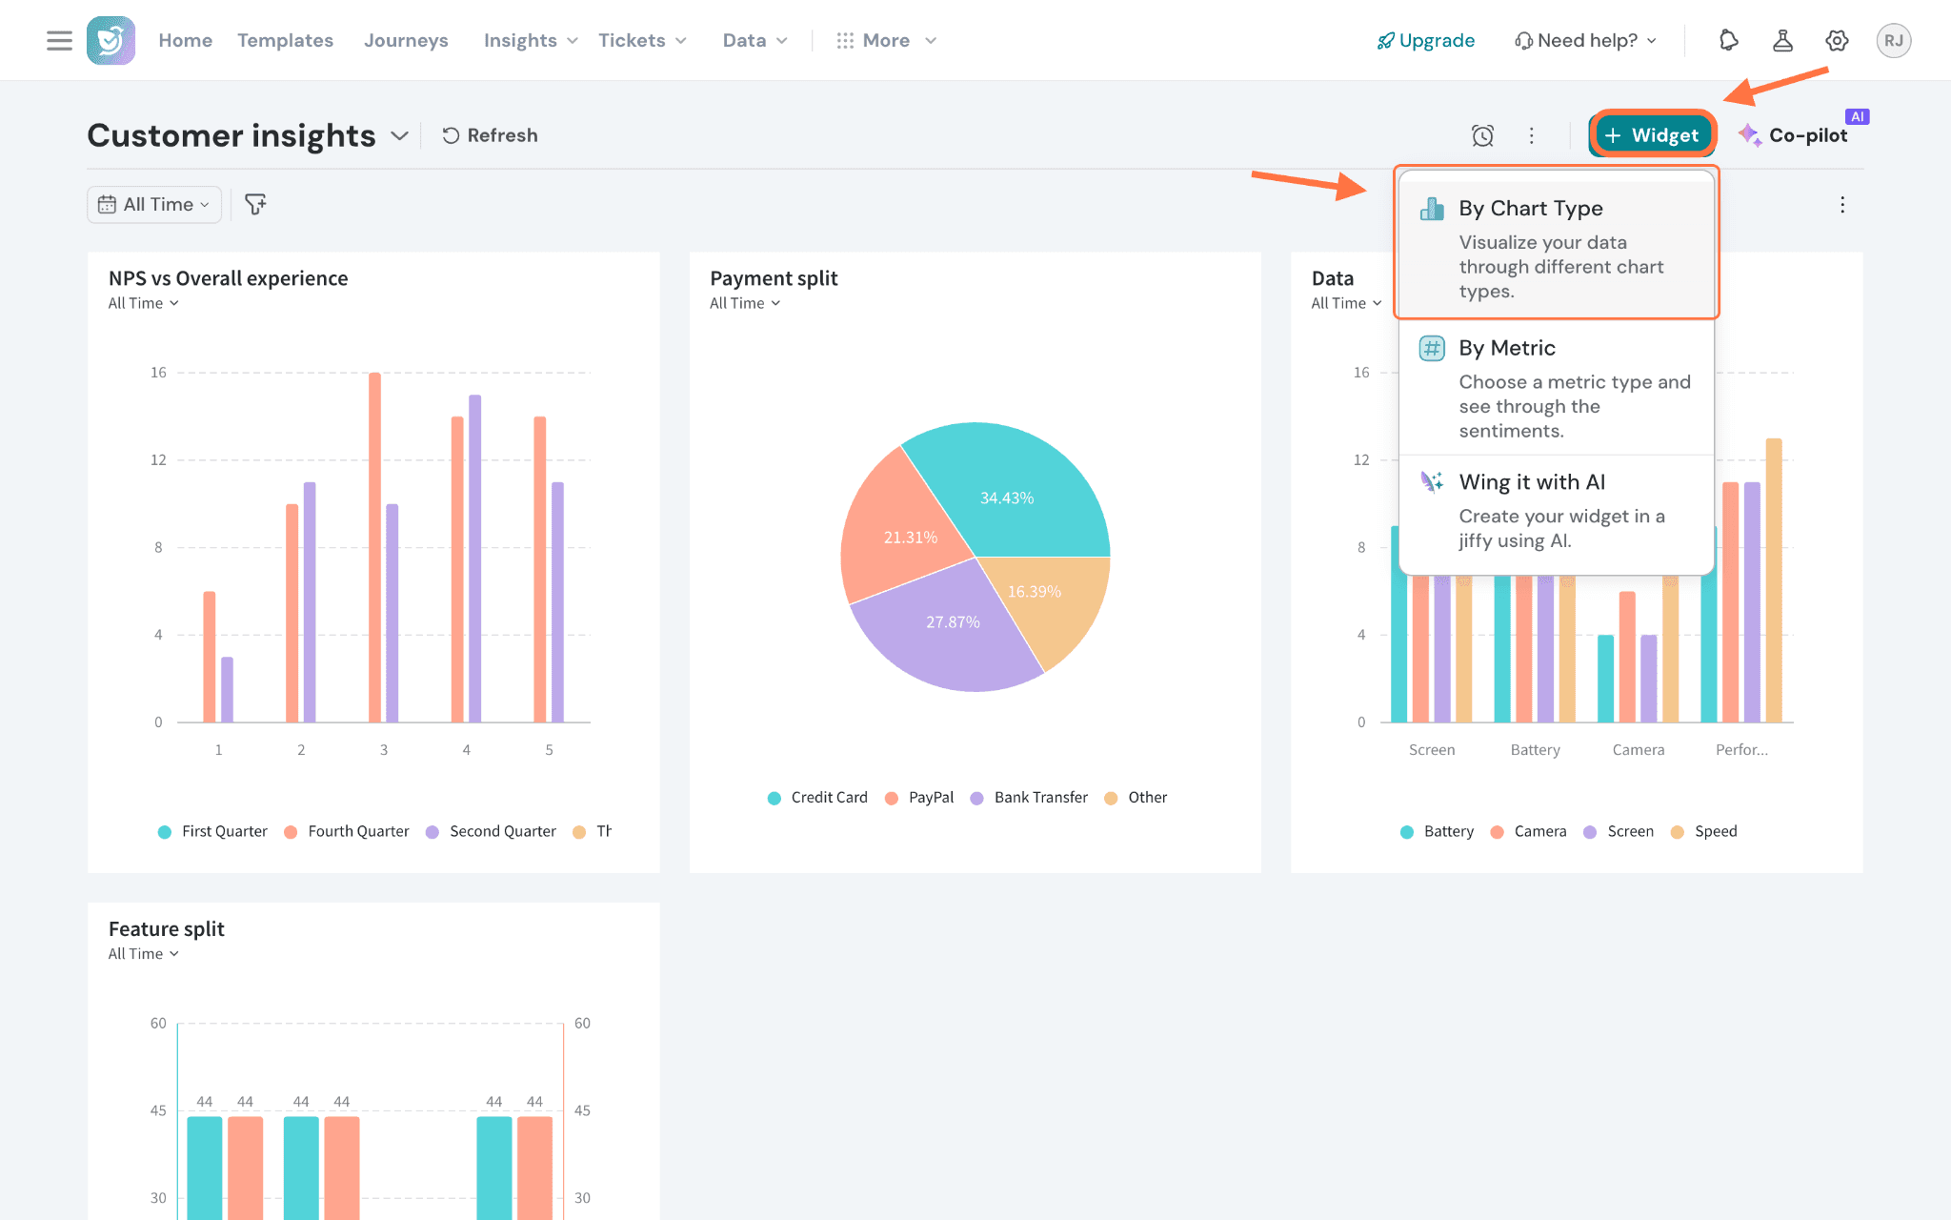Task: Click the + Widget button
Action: click(x=1652, y=135)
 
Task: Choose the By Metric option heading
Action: click(x=1506, y=348)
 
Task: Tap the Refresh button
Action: click(x=490, y=135)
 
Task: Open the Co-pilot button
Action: click(x=1793, y=135)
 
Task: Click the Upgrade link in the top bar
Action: click(x=1426, y=40)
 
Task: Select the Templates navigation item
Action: click(x=285, y=40)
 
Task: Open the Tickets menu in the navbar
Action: click(x=642, y=40)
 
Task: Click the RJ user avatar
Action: click(x=1893, y=40)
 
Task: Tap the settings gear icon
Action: click(x=1837, y=40)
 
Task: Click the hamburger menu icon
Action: click(x=59, y=40)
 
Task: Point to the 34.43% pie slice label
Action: click(x=1007, y=498)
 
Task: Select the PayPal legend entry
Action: click(x=919, y=798)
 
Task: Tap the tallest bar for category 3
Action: click(x=374, y=547)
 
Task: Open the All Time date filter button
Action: click(x=154, y=204)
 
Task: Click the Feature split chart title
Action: click(x=167, y=928)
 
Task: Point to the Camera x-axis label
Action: click(x=1639, y=750)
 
